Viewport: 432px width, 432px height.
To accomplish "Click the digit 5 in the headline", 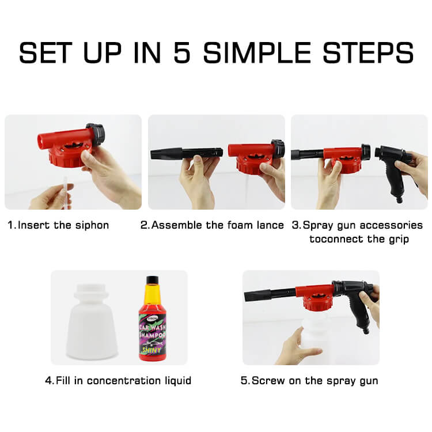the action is (x=182, y=52).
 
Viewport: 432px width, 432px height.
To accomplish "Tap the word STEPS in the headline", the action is (x=368, y=52).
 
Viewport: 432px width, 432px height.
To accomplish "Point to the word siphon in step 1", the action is (x=92, y=225).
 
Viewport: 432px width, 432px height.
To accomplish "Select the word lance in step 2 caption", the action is (x=270, y=225).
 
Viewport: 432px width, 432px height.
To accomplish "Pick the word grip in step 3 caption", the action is (x=399, y=240).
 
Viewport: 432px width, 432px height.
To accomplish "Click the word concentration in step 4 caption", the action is (x=124, y=381).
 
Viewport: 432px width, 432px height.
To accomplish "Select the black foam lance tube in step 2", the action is (x=187, y=153).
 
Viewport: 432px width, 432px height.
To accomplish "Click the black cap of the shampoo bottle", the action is (x=153, y=280).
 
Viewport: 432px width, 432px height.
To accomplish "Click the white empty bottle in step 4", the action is (x=92, y=323).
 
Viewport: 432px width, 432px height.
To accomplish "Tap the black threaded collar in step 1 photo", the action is (x=96, y=135).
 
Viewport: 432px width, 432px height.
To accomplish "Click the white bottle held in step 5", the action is (x=315, y=340).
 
